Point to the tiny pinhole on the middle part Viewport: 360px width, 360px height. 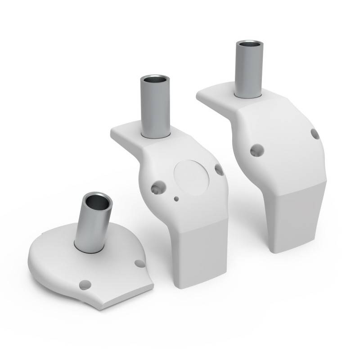click(176, 198)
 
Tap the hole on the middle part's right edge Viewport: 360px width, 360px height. click(219, 170)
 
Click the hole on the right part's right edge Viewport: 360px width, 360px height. click(315, 134)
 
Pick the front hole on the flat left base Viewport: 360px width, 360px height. click(85, 284)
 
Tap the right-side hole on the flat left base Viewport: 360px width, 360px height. click(140, 263)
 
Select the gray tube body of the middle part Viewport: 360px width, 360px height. click(155, 108)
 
